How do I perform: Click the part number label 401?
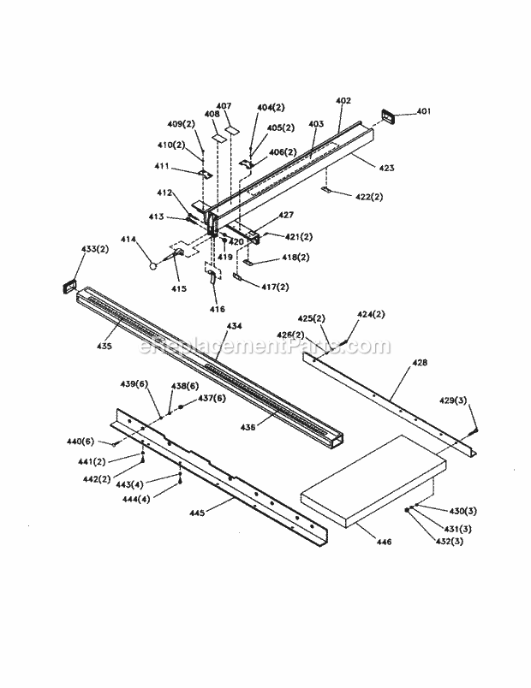coord(425,111)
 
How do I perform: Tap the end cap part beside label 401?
coord(389,116)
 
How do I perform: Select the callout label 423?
coord(386,169)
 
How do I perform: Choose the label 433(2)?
coord(70,249)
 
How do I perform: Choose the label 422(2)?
coord(368,196)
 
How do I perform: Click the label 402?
coord(343,101)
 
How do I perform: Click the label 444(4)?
coord(136,497)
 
